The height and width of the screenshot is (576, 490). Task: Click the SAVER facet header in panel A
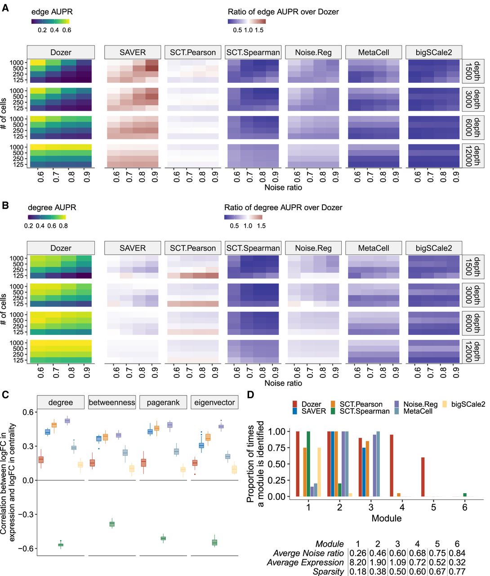pos(132,52)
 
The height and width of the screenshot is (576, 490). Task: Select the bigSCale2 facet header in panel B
pos(433,248)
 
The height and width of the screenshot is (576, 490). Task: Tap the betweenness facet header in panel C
pos(112,402)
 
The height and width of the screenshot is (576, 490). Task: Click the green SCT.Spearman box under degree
pos(61,544)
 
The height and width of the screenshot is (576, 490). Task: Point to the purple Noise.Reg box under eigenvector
pos(221,426)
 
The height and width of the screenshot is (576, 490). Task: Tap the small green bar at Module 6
pos(464,495)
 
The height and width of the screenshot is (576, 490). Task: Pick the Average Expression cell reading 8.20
pos(357,562)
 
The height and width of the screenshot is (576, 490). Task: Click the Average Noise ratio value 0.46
pos(378,553)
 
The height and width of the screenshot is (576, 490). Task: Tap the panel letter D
pos(250,395)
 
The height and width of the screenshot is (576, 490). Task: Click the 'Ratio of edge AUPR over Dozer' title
pos(283,12)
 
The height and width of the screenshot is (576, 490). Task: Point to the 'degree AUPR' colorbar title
pos(52,207)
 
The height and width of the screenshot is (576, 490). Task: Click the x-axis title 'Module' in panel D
pos(386,518)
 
